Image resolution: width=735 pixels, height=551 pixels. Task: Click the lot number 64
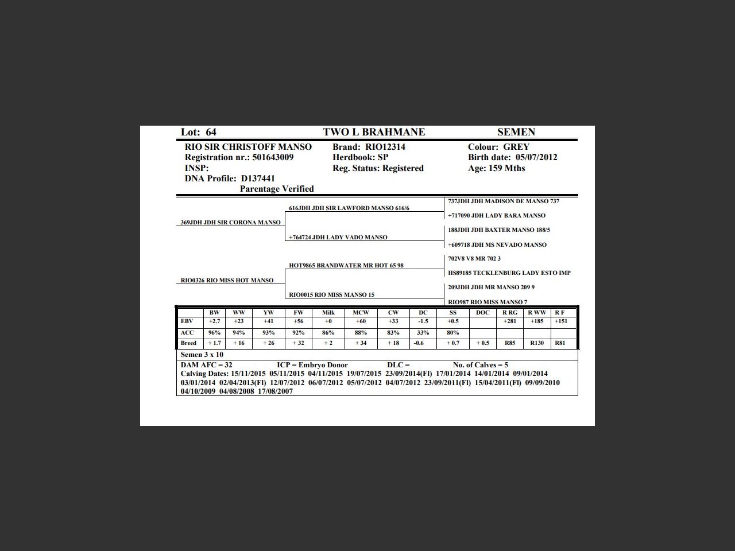pyautogui.click(x=211, y=132)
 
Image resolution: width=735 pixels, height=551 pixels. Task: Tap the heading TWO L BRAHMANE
pyautogui.click(x=374, y=132)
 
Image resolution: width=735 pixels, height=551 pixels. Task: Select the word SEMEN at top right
pyautogui.click(x=516, y=132)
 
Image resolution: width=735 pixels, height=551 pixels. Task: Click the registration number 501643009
pyautogui.click(x=273, y=157)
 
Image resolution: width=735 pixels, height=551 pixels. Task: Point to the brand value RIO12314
pyautogui.click(x=385, y=147)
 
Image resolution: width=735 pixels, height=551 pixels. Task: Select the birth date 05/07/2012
pyautogui.click(x=536, y=157)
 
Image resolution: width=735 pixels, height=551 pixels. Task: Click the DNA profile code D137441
pyautogui.click(x=258, y=179)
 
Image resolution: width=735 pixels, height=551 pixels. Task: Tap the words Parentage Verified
pyautogui.click(x=277, y=189)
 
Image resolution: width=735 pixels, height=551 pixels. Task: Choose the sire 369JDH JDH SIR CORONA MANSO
pyautogui.click(x=231, y=223)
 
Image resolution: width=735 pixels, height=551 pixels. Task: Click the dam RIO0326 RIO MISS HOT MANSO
pyautogui.click(x=227, y=281)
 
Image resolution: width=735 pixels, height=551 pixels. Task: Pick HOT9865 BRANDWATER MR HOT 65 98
pyautogui.click(x=346, y=266)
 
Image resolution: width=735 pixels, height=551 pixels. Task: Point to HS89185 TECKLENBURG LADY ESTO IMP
pyautogui.click(x=509, y=273)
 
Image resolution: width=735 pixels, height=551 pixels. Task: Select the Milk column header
pyautogui.click(x=328, y=313)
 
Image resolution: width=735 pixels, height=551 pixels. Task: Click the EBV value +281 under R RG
pyautogui.click(x=509, y=321)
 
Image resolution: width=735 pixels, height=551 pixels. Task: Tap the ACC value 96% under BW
pyautogui.click(x=214, y=333)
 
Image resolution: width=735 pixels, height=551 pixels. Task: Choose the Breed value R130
pyautogui.click(x=537, y=343)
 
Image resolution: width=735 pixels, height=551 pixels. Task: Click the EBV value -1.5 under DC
pyautogui.click(x=423, y=321)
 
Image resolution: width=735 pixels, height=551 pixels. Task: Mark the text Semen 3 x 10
pyautogui.click(x=202, y=355)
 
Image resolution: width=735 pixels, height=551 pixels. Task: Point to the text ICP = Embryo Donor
pyautogui.click(x=312, y=365)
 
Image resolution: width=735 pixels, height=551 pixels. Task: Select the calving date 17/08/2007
pyautogui.click(x=276, y=391)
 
